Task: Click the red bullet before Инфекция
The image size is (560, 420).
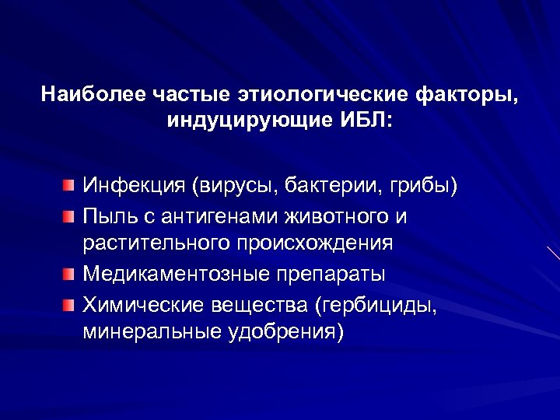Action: pyautogui.click(x=71, y=187)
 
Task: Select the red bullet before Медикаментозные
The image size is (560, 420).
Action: pyautogui.click(x=71, y=275)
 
